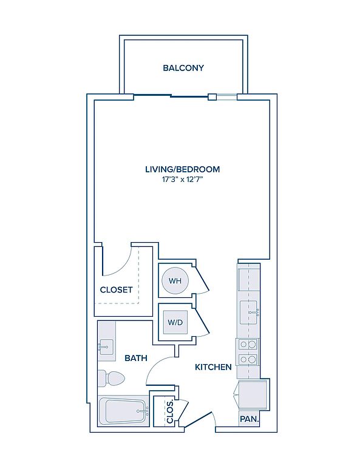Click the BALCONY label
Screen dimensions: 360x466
[183, 68]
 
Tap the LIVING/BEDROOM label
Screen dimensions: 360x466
[183, 169]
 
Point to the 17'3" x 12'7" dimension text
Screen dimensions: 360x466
[183, 180]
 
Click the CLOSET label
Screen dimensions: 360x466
[116, 290]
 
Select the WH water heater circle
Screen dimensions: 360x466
[175, 280]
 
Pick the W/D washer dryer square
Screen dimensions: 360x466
[175, 322]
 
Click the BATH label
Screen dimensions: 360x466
[136, 358]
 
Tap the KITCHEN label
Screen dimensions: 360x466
[213, 367]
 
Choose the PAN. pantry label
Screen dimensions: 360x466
[250, 419]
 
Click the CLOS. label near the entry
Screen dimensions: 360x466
[170, 412]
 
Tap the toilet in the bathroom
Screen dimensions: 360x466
[111, 379]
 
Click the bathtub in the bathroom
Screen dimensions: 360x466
[123, 411]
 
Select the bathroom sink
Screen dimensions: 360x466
[106, 346]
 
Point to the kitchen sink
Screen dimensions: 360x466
[249, 312]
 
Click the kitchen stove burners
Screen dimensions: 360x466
[248, 352]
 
